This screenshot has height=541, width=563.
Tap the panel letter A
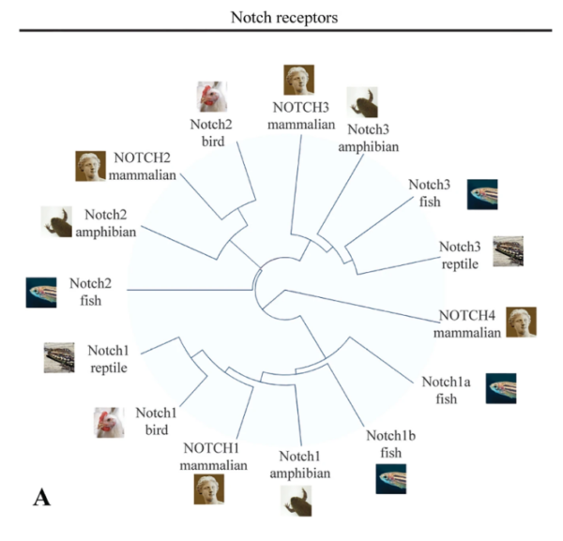(41, 496)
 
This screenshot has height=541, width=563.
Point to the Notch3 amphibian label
(373, 137)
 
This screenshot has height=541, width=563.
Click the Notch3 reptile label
(461, 255)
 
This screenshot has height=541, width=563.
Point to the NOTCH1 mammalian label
(216, 457)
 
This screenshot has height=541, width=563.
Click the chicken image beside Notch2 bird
(211, 97)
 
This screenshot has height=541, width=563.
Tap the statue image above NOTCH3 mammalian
(299, 78)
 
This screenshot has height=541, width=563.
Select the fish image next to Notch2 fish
(41, 293)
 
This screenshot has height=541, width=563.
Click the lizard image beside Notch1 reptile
(59, 357)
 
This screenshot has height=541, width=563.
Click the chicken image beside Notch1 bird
(109, 422)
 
